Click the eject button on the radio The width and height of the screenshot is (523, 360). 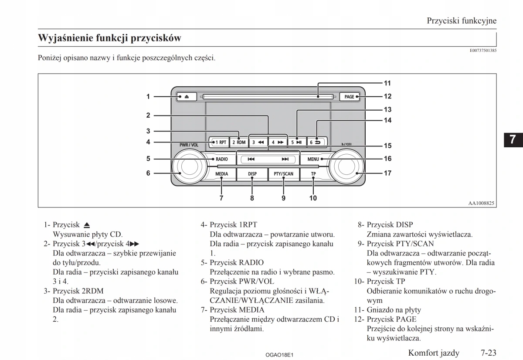tap(186, 97)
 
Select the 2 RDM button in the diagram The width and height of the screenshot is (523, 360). tap(238, 142)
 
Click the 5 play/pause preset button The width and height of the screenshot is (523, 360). tap(296, 142)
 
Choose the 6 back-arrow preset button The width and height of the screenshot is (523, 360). tap(315, 142)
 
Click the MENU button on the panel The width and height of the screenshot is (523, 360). tap(315, 159)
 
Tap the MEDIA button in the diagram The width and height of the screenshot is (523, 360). tap(221, 174)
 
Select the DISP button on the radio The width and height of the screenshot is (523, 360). tap(252, 174)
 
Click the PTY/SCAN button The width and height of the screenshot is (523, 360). tap(283, 174)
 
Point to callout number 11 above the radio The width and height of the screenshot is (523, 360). tap(387, 83)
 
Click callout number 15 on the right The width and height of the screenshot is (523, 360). tap(387, 146)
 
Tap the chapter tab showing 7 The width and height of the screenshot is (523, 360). tap(513, 139)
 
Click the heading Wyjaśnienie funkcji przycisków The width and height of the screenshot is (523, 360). tap(109, 38)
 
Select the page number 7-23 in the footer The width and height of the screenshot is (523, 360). tap(489, 353)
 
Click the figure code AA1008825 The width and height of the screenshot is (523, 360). tap(482, 203)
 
